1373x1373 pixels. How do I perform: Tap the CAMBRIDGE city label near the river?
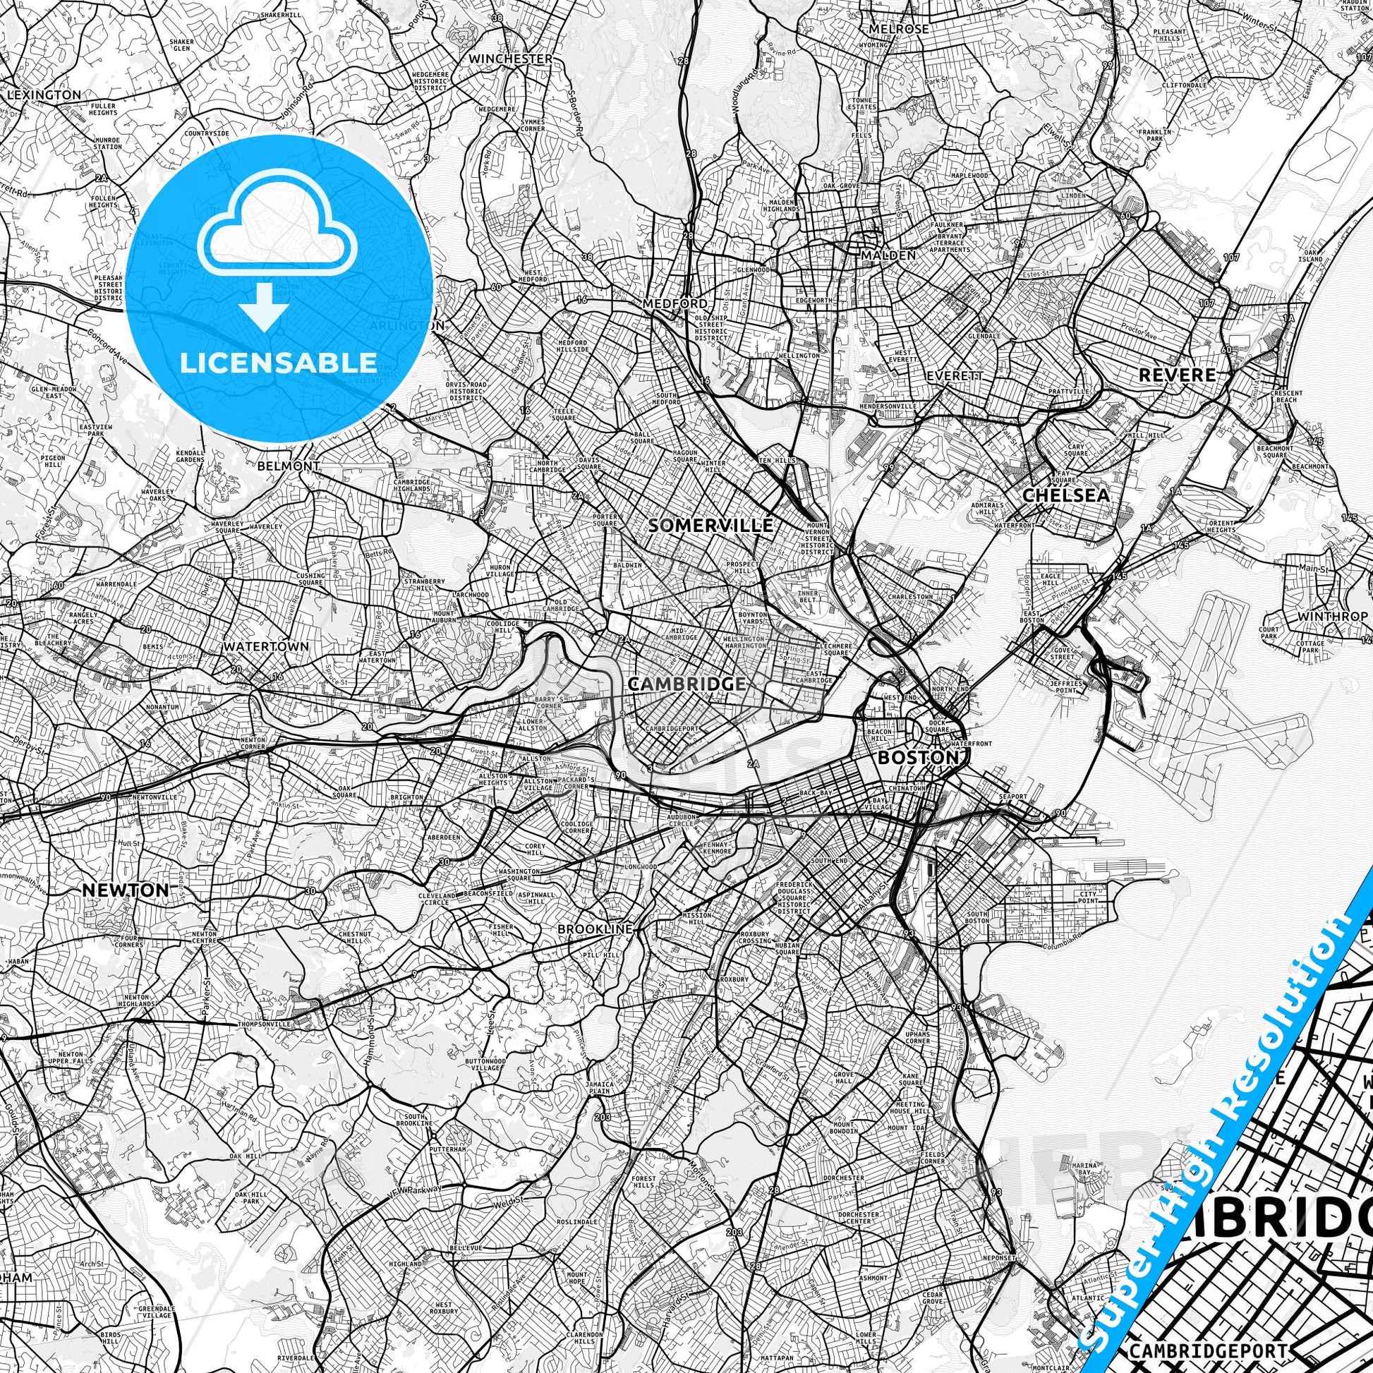click(686, 684)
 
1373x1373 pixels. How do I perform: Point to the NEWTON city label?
click(126, 890)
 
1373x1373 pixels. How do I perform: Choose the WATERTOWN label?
click(266, 647)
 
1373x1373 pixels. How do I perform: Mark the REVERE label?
click(1176, 375)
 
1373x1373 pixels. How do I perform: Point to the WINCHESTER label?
click(510, 59)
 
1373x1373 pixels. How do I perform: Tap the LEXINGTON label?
click(43, 95)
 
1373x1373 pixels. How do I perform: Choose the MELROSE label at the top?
click(899, 29)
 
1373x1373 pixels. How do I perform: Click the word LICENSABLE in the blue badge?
click(279, 363)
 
